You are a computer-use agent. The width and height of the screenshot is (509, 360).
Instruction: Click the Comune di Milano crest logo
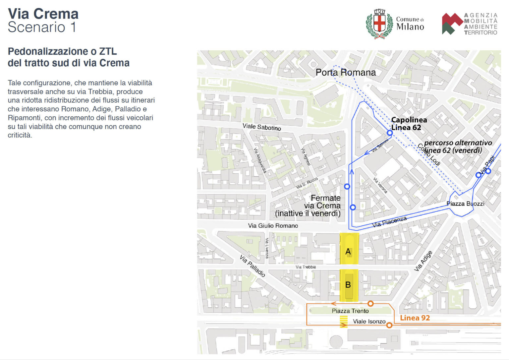379,24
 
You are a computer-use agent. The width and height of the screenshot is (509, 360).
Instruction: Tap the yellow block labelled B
349,285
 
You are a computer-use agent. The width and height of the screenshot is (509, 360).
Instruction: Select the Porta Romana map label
346,72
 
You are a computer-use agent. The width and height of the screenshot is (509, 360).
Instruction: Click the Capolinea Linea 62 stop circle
390,133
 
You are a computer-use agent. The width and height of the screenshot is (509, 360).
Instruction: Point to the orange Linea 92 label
415,318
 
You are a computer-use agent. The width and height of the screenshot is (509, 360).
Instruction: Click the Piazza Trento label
350,311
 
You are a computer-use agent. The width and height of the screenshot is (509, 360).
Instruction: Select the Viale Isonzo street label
369,321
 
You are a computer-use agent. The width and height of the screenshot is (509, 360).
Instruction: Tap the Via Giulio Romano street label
273,226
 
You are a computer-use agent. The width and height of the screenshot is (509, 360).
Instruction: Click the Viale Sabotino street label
261,127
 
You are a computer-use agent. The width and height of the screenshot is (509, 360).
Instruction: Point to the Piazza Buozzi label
465,204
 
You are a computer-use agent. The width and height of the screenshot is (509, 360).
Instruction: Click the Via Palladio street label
253,266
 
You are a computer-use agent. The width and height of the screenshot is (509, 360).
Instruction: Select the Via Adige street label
423,261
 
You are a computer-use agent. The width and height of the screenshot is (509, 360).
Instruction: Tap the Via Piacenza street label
389,222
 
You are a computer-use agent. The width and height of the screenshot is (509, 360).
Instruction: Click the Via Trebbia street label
306,267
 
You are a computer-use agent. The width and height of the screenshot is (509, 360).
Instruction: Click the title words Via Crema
43,14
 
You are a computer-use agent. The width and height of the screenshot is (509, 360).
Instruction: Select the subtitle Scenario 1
42,27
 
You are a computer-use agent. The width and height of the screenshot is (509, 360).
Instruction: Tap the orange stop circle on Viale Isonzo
389,326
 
